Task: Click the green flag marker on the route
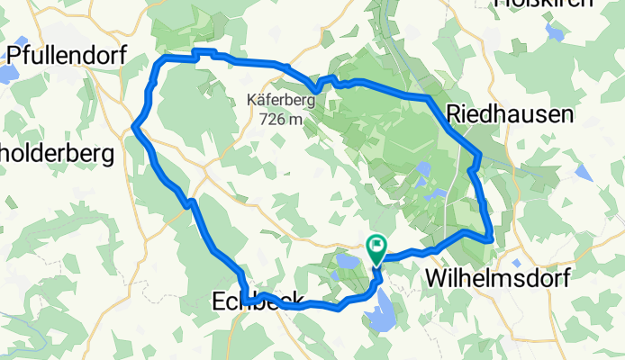(376, 245)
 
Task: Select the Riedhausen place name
(510, 115)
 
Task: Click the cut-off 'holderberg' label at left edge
(56, 154)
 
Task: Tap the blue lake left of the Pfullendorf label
(4, 72)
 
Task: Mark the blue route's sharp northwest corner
(164, 58)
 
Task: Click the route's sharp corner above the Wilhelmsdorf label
(492, 239)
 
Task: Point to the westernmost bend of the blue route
(134, 128)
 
